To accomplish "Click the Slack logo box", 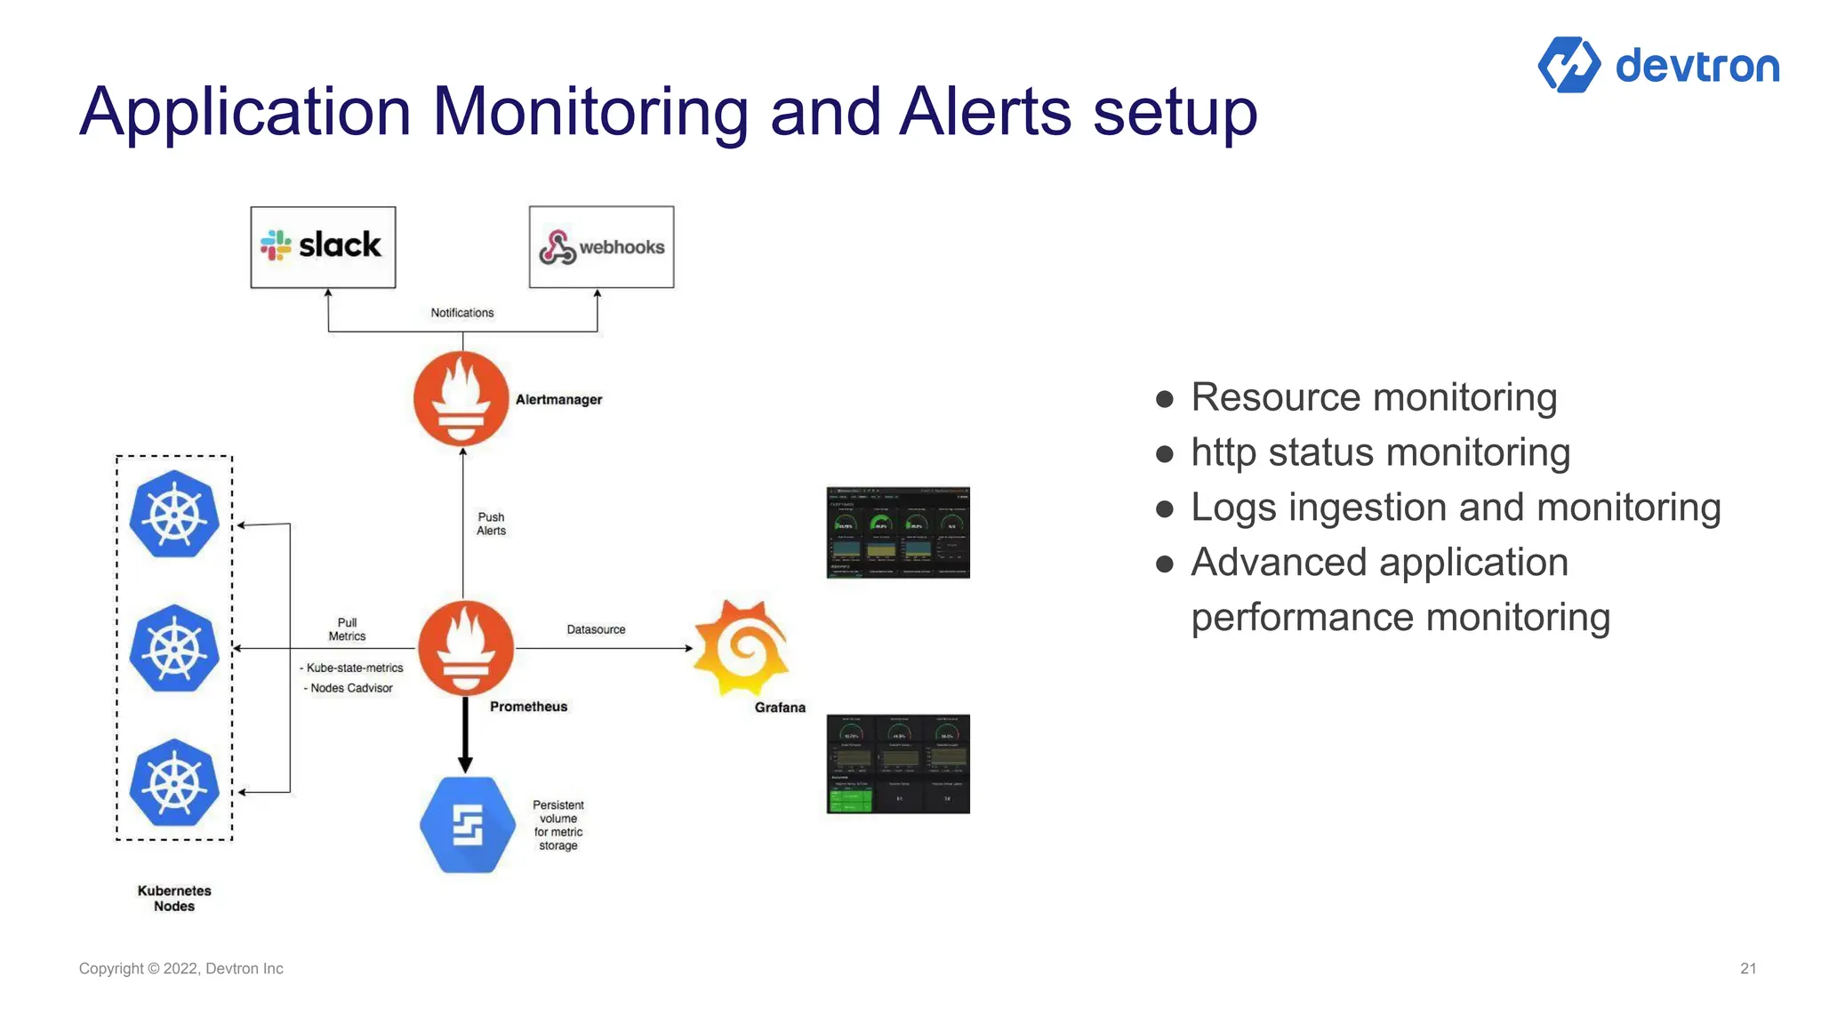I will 323,247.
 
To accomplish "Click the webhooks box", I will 601,247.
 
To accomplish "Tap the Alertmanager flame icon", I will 461,398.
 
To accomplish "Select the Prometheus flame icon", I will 466,648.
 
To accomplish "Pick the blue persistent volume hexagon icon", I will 468,825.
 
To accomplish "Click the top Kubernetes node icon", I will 174,515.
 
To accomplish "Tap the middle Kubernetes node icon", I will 174,649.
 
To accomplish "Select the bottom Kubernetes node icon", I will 174,783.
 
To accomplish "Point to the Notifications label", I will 461,313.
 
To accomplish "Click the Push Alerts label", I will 491,524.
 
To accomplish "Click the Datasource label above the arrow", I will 596,629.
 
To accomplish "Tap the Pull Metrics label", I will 347,629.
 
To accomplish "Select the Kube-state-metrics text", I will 354,668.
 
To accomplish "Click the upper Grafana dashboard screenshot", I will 898,532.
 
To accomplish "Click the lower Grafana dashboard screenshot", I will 898,764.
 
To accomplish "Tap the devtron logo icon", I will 1569,65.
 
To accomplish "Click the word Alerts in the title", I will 985,112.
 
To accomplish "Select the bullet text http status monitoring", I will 1380,452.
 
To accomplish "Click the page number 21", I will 1748,969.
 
